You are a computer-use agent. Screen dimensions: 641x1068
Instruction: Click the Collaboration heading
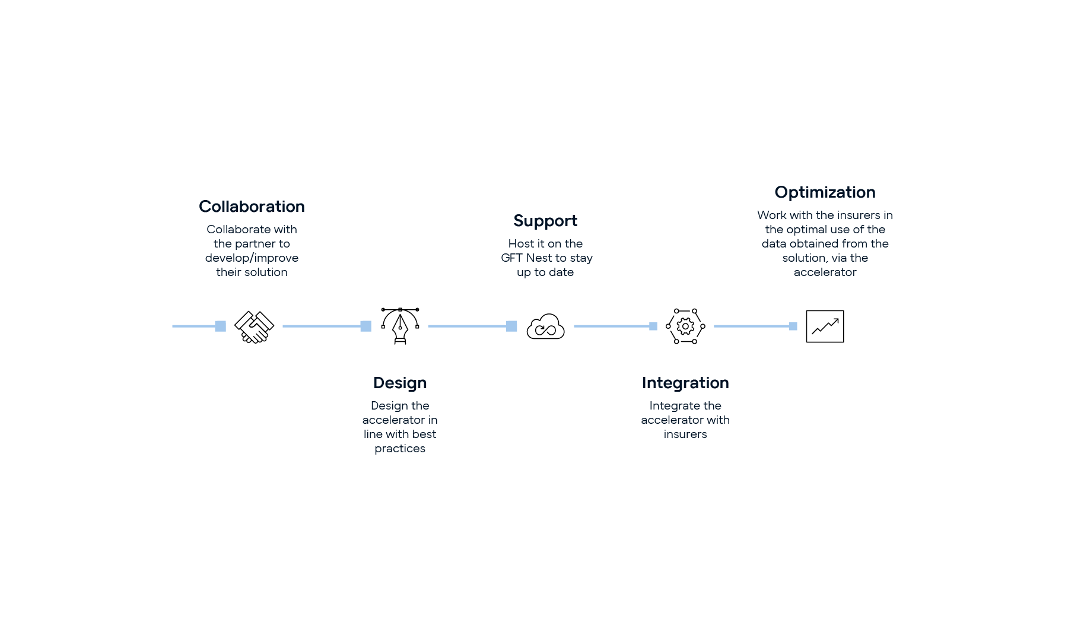click(252, 207)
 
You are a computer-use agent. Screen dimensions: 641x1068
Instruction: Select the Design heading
click(399, 383)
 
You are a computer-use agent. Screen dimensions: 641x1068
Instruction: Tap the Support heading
click(545, 221)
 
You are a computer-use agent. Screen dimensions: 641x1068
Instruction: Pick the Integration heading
click(685, 383)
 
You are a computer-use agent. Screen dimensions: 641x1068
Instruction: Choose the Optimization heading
click(825, 192)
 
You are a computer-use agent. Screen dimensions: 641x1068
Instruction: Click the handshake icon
click(254, 327)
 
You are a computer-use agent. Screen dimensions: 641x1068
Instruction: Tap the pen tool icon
click(400, 326)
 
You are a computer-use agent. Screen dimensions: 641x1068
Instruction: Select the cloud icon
click(545, 326)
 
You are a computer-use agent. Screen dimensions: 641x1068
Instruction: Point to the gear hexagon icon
click(685, 326)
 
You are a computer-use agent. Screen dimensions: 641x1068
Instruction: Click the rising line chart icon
click(825, 326)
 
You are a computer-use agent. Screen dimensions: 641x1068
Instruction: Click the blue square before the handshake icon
click(220, 326)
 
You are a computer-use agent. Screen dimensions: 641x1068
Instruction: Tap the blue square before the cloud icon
click(511, 326)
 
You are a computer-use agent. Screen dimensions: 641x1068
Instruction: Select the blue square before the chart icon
click(793, 326)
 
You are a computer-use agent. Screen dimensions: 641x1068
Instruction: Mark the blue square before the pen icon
click(366, 326)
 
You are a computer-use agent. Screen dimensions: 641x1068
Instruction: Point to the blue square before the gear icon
click(653, 326)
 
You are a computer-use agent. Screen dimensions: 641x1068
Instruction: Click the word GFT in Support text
click(512, 258)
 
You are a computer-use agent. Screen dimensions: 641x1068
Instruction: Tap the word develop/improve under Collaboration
click(252, 258)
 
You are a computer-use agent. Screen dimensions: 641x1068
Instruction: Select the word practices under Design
click(400, 449)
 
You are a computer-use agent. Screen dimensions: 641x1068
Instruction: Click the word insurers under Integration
click(685, 434)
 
